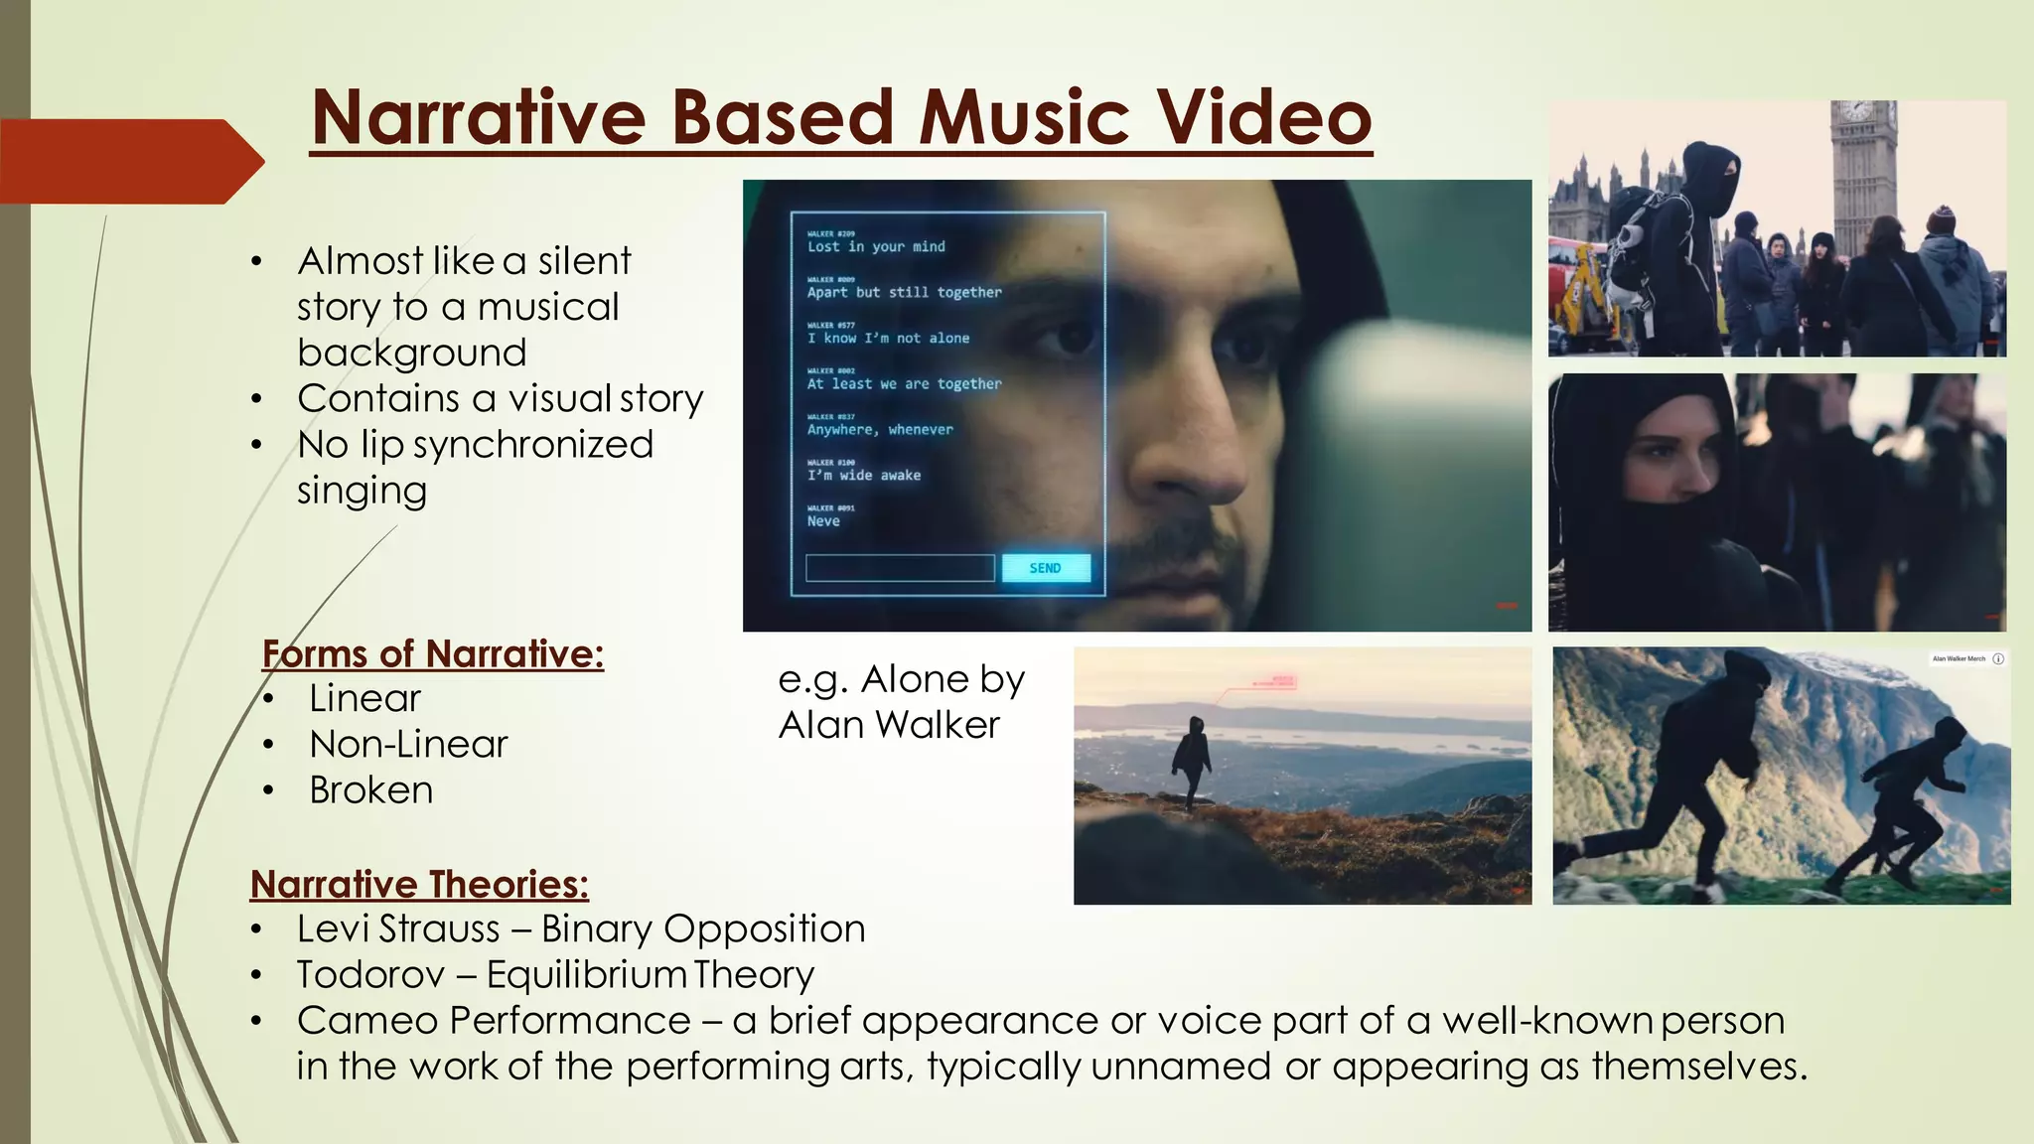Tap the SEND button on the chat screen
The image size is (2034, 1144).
1046,568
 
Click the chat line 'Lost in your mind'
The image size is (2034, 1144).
876,246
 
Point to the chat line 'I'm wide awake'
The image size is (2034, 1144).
863,476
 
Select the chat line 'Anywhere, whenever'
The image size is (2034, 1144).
879,430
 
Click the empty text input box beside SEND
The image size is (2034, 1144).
899,568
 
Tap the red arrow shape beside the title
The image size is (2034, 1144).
129,161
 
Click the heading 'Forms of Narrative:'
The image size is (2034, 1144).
432,653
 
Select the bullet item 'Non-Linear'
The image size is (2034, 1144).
408,744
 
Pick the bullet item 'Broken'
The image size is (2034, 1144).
370,789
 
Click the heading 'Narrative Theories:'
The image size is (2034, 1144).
419,884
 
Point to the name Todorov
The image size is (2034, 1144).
370,974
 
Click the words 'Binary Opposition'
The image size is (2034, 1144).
703,929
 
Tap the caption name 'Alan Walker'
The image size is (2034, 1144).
889,725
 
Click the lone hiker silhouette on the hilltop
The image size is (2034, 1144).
1191,761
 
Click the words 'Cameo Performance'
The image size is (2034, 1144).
494,1020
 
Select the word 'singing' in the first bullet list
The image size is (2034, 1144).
362,491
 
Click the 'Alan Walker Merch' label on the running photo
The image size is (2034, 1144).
1959,658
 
